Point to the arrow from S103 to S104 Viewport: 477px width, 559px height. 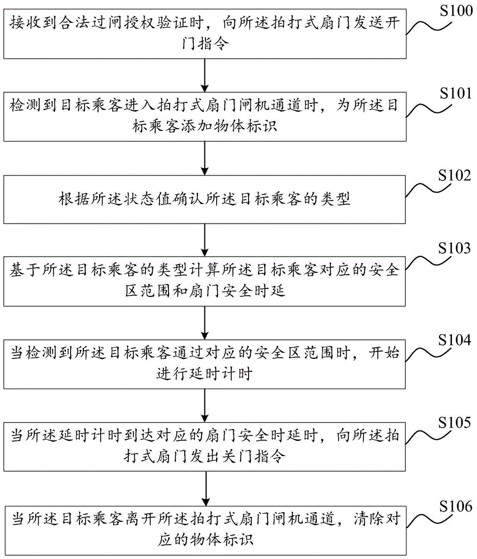(205, 323)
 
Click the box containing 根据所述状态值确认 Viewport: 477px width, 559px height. (205, 200)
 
